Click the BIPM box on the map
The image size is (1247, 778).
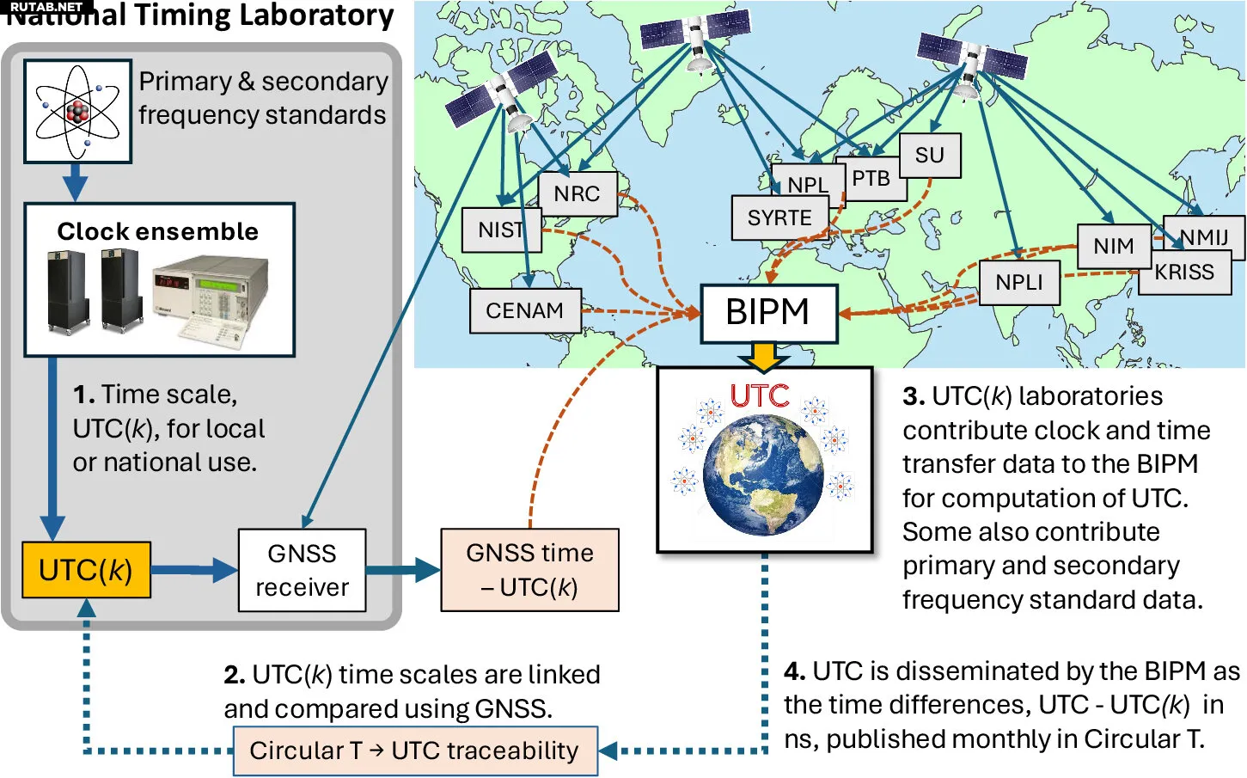point(768,313)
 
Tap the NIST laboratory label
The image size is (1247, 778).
point(501,230)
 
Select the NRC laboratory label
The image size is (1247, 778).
point(577,194)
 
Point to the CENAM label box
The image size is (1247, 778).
point(524,310)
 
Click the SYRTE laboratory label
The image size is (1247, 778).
point(779,217)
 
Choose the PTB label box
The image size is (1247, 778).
point(871,180)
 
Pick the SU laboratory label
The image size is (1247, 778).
point(929,156)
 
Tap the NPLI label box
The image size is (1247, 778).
point(1018,283)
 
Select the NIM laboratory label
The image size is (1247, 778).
point(1113,247)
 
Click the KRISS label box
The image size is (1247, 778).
point(1184,273)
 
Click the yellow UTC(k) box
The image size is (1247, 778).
point(86,570)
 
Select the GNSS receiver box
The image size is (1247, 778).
point(302,570)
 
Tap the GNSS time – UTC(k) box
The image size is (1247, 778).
point(529,570)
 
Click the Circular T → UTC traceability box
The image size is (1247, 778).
point(415,751)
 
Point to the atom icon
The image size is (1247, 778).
point(77,111)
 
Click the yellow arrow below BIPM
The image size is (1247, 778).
point(762,355)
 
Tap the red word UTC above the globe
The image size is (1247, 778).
point(760,395)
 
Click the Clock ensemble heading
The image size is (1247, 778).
point(158,231)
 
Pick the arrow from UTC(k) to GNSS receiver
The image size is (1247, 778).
point(194,569)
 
